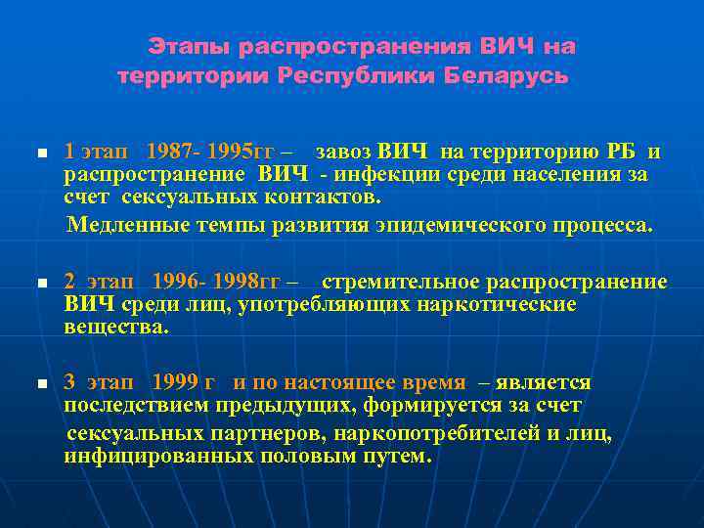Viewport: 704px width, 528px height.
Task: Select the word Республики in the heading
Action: point(357,75)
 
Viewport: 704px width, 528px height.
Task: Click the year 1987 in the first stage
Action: point(167,152)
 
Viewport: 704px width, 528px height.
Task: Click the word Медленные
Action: point(118,226)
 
